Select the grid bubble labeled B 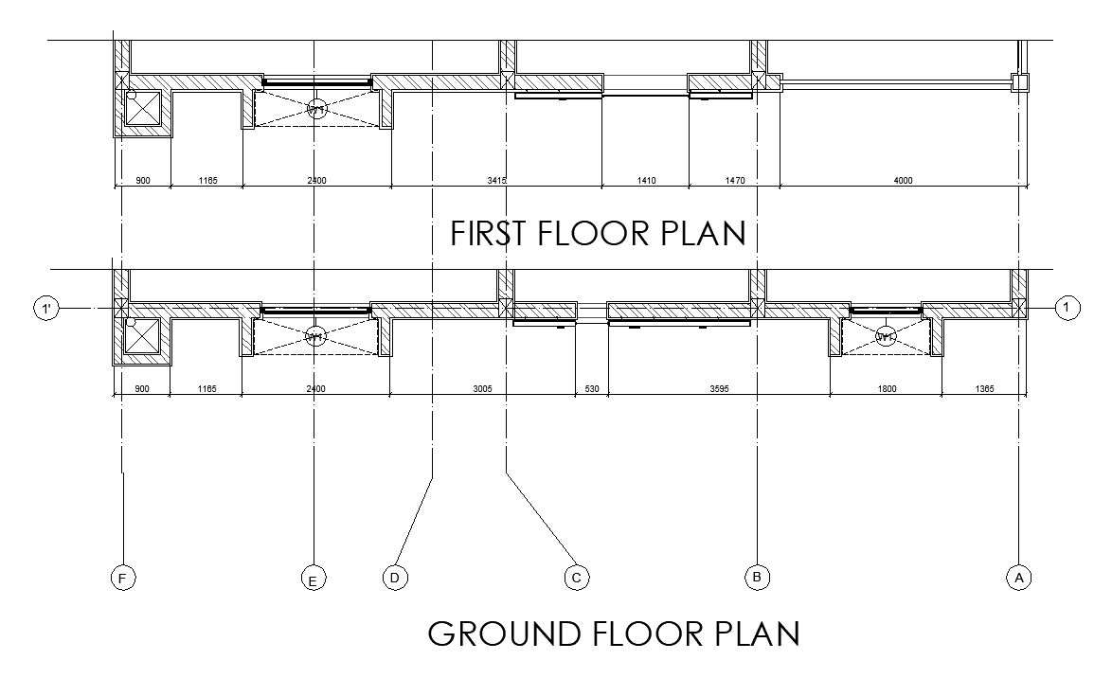tap(757, 576)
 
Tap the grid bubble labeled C tap(576, 577)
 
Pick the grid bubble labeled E tap(313, 578)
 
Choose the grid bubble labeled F tap(123, 577)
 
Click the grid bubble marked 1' tap(45, 308)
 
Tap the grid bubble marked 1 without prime tap(1067, 307)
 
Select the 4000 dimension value tap(903, 180)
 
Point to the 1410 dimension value tap(646, 180)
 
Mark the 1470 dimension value tap(735, 180)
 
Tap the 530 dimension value tap(592, 389)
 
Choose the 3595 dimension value tap(719, 389)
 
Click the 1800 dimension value tap(886, 389)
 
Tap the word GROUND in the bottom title tap(508, 633)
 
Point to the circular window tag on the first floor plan tap(317, 109)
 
